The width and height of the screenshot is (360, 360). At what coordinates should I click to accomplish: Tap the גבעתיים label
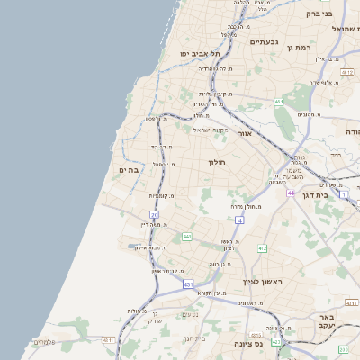(x=264, y=42)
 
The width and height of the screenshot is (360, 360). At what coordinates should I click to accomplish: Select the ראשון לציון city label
(x=262, y=282)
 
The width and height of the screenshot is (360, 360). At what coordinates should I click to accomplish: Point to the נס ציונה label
(x=248, y=344)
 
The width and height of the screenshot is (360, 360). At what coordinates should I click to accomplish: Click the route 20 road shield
(x=155, y=215)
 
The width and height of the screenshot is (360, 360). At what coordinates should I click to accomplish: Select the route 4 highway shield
(x=240, y=220)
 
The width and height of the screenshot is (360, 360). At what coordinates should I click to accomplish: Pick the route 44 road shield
(x=291, y=193)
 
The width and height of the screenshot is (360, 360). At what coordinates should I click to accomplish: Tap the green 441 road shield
(x=187, y=236)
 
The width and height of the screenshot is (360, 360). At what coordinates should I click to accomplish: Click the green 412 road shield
(x=262, y=248)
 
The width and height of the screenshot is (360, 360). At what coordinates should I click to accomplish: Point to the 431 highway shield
(x=189, y=284)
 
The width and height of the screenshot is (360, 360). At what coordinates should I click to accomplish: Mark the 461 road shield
(x=280, y=103)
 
